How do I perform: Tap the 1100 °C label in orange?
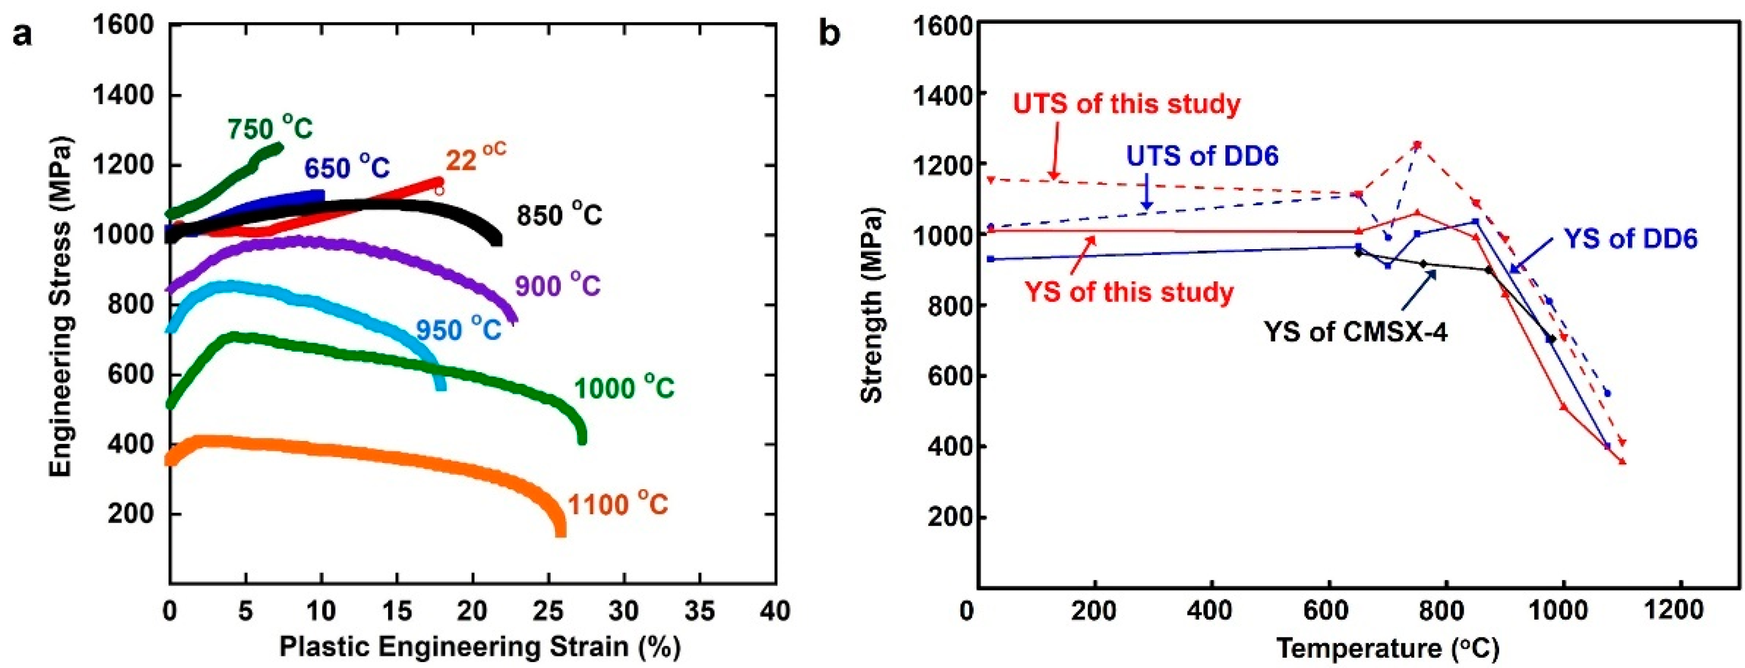click(617, 505)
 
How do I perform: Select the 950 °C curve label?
click(458, 330)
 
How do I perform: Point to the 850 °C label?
click(559, 215)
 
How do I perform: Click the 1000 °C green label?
click(624, 388)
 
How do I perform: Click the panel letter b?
click(829, 33)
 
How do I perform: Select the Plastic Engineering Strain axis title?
click(480, 647)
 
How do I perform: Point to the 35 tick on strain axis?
click(699, 611)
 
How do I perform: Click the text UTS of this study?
click(1127, 104)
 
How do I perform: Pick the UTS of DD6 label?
click(1202, 156)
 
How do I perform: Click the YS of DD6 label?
click(1630, 238)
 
